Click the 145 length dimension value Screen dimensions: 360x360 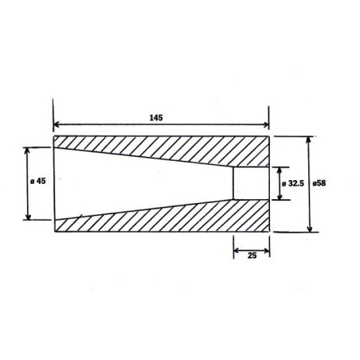[x=155, y=117]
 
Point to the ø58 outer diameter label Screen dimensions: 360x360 [x=320, y=182]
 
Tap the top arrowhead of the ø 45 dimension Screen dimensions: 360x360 [x=29, y=150]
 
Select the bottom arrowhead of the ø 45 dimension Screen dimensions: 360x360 [x=29, y=217]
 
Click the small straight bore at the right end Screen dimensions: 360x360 [x=251, y=183]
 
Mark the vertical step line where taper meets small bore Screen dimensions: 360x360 [x=233, y=183]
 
